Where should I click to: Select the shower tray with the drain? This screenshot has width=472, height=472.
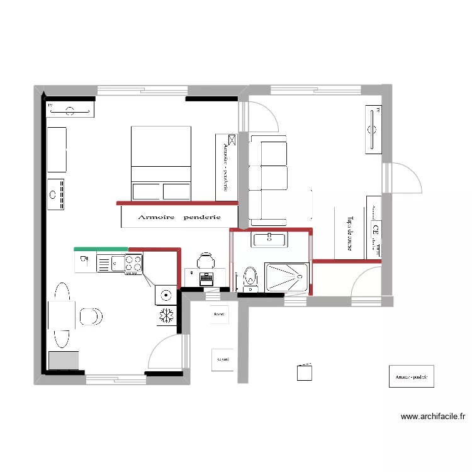point(287,278)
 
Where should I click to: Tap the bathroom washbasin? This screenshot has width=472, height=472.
point(269,239)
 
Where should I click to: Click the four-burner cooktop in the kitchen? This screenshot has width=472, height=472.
point(133,262)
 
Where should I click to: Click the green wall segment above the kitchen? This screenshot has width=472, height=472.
point(101,249)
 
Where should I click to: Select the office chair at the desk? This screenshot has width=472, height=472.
point(205,260)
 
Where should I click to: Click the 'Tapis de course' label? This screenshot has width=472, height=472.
point(349,233)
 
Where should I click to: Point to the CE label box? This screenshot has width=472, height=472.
point(376,228)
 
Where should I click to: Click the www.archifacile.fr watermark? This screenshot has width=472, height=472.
point(432,416)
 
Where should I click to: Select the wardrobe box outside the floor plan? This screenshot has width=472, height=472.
point(411,378)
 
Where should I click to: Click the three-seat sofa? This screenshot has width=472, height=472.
point(269,180)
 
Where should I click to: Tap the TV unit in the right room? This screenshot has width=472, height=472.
point(373,130)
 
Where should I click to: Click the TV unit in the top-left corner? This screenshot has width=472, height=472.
point(70,110)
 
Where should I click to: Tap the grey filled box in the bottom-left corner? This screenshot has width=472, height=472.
point(64,360)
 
